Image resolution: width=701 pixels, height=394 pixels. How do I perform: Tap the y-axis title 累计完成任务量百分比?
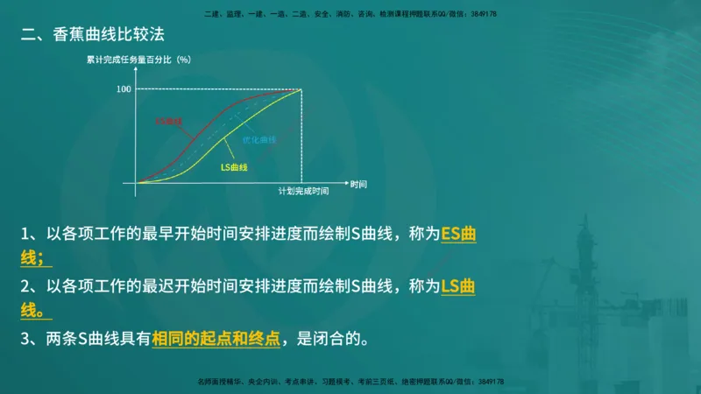[x=131, y=60]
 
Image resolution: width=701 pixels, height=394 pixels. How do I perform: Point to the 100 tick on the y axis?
[x=124, y=88]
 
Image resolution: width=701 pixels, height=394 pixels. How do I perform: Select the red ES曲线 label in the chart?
[x=169, y=121]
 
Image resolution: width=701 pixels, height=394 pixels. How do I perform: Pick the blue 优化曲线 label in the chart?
[x=259, y=139]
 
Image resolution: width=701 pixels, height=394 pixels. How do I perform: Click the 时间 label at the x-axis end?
[x=358, y=184]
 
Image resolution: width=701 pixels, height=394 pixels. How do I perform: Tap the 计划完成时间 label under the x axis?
[x=303, y=191]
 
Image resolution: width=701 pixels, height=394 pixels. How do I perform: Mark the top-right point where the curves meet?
[x=302, y=88]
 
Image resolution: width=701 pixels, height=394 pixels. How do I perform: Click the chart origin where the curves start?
[x=137, y=182]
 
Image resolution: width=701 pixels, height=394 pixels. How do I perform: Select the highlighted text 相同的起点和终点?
[x=216, y=339]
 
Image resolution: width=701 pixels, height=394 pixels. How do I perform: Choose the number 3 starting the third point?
[x=26, y=339]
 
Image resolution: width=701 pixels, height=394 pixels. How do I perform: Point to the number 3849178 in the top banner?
[x=487, y=14]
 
